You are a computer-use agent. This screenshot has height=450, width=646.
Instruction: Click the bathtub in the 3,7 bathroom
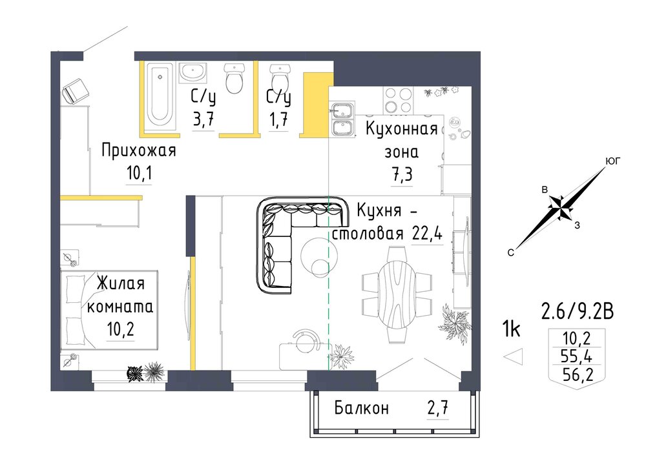(x=161, y=96)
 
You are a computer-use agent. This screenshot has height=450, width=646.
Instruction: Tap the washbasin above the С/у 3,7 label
(x=193, y=73)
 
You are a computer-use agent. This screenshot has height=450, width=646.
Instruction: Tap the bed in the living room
(x=110, y=311)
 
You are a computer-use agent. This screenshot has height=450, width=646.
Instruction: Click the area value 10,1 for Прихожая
(x=140, y=173)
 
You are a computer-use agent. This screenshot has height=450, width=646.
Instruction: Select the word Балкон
(x=361, y=409)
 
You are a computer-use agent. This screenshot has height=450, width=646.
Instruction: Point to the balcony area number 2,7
(x=437, y=409)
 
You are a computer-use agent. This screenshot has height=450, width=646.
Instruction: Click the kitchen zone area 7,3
(x=402, y=174)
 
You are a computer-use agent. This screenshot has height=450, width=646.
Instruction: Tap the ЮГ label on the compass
(x=612, y=161)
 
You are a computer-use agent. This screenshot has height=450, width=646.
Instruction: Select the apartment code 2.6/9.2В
(x=577, y=312)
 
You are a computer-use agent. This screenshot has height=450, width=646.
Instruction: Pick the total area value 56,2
(x=578, y=374)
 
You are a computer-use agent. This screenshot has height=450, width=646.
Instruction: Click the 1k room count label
(x=511, y=329)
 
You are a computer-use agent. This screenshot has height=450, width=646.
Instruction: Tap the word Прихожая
(x=139, y=150)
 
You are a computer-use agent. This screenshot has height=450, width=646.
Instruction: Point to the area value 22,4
(x=427, y=234)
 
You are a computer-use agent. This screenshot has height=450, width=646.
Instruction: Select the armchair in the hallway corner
(x=76, y=90)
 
